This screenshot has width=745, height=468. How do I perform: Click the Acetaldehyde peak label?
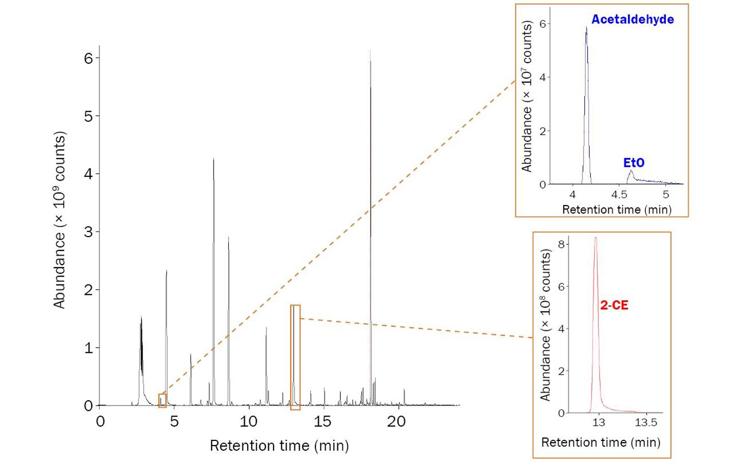coord(632,19)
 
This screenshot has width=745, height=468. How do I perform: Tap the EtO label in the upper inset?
coord(633,163)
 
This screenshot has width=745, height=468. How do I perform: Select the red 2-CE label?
coord(614,305)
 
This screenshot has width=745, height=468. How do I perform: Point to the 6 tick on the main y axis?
coord(89,58)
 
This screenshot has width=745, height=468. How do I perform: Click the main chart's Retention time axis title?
coord(279,446)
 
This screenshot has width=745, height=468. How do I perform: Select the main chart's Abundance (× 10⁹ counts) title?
coord(60,220)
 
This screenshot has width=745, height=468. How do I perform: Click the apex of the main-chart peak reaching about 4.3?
coord(214,159)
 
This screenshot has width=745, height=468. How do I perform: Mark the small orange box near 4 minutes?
coord(162,401)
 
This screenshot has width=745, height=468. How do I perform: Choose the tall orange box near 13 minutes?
coord(295,357)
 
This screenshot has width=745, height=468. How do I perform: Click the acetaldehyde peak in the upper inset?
coord(586,28)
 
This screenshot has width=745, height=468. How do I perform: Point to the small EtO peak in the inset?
coord(631,171)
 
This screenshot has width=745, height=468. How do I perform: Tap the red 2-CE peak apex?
coord(595,238)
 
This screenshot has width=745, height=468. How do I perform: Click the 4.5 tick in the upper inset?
coord(619,195)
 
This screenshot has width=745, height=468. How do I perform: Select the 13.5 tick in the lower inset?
coord(646,423)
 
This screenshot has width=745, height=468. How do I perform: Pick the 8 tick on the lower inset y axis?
coord(561,244)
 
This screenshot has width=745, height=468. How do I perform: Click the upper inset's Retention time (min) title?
coord(617,210)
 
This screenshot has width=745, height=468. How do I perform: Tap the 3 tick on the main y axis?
coord(89,232)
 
